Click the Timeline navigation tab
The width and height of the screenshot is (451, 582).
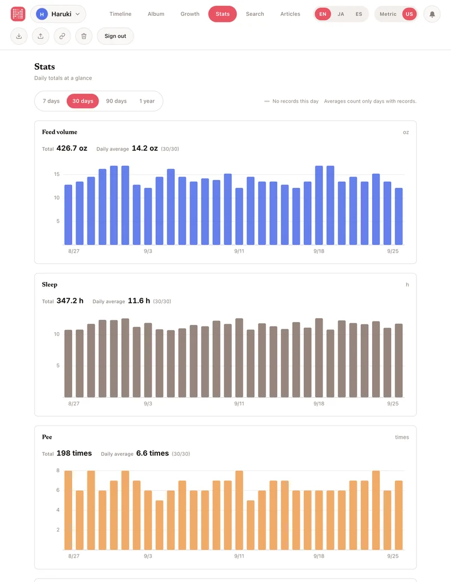(120, 14)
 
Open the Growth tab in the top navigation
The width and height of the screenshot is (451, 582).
(190, 14)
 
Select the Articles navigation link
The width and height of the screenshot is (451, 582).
(290, 14)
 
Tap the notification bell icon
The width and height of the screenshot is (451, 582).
(432, 15)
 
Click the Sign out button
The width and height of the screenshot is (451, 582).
(116, 36)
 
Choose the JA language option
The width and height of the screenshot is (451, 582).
(341, 14)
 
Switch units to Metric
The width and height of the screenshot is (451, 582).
(388, 14)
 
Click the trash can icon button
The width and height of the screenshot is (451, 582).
(84, 36)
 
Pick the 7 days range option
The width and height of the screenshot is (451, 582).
(51, 101)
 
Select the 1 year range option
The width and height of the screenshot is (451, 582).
(147, 101)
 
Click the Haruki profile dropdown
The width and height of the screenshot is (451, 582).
(58, 14)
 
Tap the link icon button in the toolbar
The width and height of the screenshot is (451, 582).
(63, 36)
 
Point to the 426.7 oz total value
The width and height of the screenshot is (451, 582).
(72, 148)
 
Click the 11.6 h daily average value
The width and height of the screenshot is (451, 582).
(139, 301)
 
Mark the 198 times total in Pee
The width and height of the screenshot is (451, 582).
(74, 453)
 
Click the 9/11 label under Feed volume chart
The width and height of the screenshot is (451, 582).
(239, 252)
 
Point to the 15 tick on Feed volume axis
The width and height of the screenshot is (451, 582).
(57, 174)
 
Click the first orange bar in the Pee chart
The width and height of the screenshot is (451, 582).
(68, 510)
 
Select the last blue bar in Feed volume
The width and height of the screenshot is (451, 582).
(399, 217)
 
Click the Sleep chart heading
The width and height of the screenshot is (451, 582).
(50, 284)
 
